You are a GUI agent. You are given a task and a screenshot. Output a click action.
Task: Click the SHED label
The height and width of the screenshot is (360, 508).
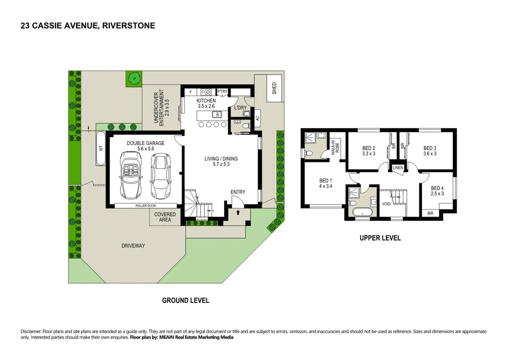point(274,89)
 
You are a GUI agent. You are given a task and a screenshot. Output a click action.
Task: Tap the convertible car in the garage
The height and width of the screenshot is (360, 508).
point(130,174)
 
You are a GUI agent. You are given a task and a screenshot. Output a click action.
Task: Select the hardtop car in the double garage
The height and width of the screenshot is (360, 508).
point(160,174)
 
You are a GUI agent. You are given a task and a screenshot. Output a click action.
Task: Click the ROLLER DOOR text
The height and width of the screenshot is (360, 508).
point(145,206)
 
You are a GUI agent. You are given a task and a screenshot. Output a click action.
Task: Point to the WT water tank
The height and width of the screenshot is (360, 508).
point(101,148)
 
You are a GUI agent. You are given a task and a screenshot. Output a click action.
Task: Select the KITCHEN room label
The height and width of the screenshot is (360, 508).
point(206,101)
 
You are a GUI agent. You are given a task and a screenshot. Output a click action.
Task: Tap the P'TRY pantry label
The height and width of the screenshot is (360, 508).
point(222,91)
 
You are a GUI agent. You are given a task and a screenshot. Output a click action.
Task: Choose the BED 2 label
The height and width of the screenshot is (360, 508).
point(368,148)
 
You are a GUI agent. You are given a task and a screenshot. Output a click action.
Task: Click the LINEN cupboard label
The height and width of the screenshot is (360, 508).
point(398,168)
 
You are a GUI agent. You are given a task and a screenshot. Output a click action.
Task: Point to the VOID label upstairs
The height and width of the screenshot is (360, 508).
point(386,204)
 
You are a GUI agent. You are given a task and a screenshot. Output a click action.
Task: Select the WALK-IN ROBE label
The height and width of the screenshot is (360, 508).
point(335,148)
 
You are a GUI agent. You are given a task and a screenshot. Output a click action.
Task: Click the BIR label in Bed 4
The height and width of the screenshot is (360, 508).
point(430,213)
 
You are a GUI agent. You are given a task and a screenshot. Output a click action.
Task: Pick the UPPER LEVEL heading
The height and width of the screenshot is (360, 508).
point(380,238)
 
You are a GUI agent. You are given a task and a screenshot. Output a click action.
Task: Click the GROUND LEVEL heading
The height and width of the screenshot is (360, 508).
point(186,300)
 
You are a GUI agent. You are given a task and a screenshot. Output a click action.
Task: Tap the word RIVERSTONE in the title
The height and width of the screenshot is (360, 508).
point(128,25)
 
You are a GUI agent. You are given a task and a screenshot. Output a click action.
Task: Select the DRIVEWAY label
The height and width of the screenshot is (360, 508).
point(133,246)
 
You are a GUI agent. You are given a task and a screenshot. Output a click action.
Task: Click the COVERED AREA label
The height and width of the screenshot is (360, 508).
point(165,217)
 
